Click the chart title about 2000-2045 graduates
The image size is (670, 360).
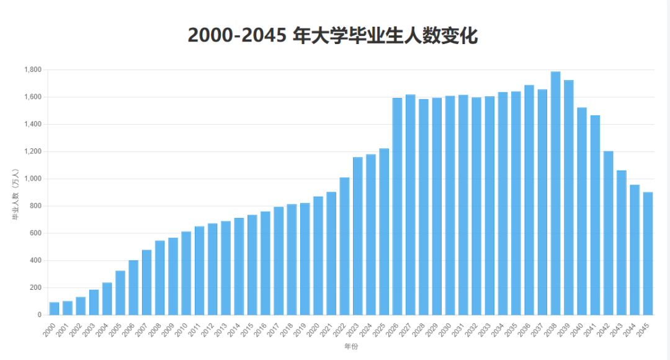pos(333,35)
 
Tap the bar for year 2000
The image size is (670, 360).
pos(54,308)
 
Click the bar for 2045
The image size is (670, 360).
pos(648,254)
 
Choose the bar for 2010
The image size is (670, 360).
pos(186,273)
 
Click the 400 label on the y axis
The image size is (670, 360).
pos(36,261)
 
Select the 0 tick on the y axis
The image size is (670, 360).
pos(39,315)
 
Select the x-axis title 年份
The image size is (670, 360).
pos(351,346)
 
